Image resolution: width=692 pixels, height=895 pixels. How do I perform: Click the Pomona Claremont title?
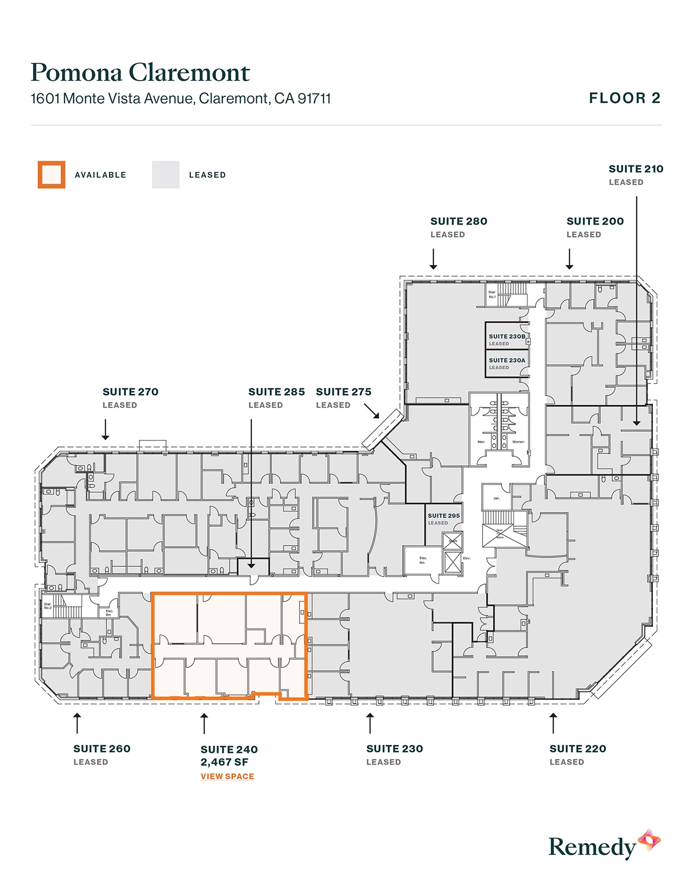tap(140, 73)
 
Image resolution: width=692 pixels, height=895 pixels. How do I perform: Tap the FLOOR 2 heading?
tap(625, 98)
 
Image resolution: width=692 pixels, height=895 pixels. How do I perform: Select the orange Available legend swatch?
tap(52, 175)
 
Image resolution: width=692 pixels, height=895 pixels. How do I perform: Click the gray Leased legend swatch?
tap(166, 175)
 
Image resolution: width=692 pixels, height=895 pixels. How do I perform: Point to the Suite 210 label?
tap(636, 169)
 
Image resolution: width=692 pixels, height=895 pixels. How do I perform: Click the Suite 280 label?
tap(459, 221)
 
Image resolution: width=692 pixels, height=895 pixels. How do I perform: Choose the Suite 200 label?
tap(595, 221)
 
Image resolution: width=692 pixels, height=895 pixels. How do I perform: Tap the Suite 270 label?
tap(130, 392)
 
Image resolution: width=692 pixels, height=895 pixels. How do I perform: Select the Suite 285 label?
tap(276, 392)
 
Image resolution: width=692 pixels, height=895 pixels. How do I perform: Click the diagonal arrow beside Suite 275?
tap(372, 411)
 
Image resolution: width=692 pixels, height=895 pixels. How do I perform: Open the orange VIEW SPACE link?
tap(227, 777)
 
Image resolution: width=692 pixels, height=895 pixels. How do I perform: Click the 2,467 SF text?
tap(224, 762)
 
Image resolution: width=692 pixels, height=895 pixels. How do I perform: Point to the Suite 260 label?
tap(102, 749)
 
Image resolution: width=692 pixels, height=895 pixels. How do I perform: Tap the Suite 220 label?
tap(577, 749)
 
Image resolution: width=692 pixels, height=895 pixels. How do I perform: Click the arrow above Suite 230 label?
tap(370, 723)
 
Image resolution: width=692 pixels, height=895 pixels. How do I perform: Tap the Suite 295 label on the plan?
tap(443, 516)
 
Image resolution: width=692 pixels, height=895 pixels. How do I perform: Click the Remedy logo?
tap(604, 847)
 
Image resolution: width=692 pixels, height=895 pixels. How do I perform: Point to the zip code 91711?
tap(314, 99)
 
